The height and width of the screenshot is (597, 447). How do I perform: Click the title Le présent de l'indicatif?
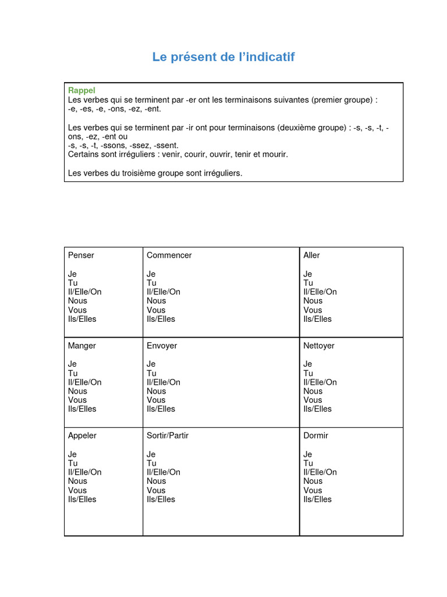coord(223,57)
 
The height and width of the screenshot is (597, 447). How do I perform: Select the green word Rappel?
coord(81,90)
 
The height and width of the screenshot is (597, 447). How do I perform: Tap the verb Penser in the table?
coord(81,255)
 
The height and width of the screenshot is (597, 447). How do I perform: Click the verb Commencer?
coord(169,255)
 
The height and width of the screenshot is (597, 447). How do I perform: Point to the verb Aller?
coord(311,255)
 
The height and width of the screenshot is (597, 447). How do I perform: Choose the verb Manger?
coord(82,346)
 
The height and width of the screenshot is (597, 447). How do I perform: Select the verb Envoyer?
coord(162,346)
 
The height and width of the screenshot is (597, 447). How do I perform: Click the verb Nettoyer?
coord(319,346)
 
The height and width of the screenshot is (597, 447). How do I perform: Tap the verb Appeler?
coord(82,436)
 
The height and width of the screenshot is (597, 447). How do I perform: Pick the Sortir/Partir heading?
coord(168,436)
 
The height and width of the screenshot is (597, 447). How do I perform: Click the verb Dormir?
coord(315,436)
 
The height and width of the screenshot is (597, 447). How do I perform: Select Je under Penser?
coord(72,274)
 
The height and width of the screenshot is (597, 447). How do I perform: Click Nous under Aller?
coord(313,301)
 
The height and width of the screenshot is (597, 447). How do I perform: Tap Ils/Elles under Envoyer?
coord(161,409)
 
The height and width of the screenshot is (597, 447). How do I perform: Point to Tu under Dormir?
coord(308,463)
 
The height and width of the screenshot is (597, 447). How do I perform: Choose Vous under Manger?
coord(77,400)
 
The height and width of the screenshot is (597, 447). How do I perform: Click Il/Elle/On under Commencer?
coord(164,292)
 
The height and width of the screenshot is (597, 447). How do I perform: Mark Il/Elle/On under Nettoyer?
coord(320,382)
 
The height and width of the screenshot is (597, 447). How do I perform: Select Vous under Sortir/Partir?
coord(156,490)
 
